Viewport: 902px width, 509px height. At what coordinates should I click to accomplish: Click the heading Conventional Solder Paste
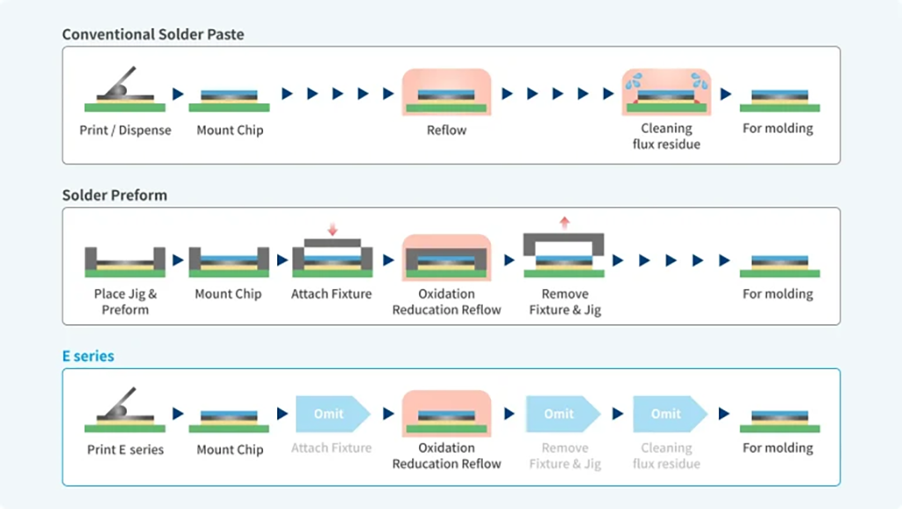click(x=153, y=34)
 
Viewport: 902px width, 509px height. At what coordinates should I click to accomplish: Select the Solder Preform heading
click(x=114, y=195)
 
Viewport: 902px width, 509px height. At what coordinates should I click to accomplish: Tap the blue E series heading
click(x=88, y=357)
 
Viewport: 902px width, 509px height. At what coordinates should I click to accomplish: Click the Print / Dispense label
click(x=124, y=129)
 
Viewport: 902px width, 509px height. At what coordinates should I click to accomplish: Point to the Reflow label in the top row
click(x=446, y=129)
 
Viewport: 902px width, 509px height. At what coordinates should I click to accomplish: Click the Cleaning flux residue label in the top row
click(x=666, y=136)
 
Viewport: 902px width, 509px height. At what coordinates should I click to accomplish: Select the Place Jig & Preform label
click(x=125, y=301)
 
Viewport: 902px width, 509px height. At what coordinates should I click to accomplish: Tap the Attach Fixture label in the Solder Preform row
click(x=332, y=293)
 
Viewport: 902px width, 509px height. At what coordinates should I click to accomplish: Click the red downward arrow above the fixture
click(x=333, y=229)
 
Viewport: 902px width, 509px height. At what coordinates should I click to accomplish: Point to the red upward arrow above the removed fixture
click(x=564, y=222)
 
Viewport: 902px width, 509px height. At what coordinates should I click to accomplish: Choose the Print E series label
click(x=125, y=449)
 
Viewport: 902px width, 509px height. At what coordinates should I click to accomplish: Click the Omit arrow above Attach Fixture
click(x=331, y=414)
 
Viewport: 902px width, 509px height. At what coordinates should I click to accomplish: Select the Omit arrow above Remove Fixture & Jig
click(x=561, y=414)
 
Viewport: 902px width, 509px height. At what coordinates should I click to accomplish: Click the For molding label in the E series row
click(x=778, y=447)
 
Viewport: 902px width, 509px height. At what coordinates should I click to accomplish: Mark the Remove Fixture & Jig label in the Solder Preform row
click(x=565, y=301)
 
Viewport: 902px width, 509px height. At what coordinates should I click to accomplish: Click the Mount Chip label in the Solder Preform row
click(x=229, y=293)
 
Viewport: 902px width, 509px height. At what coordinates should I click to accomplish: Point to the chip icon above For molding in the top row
click(x=779, y=99)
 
